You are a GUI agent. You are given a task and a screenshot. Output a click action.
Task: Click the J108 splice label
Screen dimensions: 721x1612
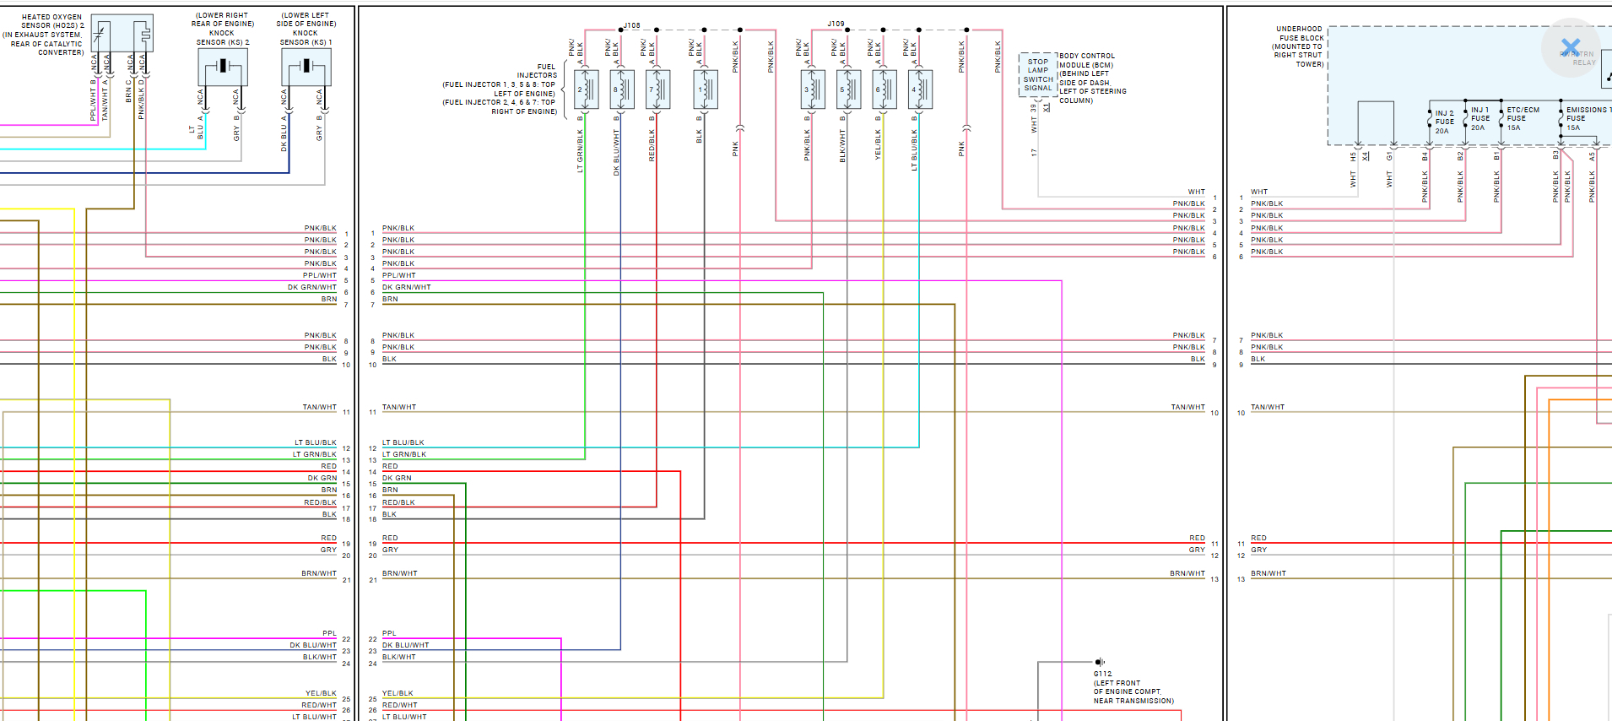(631, 25)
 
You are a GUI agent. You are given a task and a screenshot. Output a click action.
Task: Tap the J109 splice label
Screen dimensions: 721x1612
(836, 24)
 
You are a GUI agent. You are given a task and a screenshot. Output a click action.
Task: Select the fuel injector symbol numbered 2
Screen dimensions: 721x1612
(585, 89)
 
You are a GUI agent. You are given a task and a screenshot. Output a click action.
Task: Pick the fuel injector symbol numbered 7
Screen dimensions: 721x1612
(657, 89)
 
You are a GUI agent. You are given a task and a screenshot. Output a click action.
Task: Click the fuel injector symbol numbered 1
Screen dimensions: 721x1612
(705, 89)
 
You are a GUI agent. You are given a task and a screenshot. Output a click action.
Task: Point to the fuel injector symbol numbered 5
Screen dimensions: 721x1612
(847, 89)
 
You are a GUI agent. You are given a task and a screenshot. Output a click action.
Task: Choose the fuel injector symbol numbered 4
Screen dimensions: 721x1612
(919, 89)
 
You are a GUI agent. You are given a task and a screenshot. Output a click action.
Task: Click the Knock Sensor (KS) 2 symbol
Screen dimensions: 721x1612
(223, 66)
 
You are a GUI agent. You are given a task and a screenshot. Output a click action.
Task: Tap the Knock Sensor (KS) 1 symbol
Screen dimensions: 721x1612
(306, 66)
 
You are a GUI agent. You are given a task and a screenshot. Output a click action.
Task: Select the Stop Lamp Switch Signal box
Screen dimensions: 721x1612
(1038, 75)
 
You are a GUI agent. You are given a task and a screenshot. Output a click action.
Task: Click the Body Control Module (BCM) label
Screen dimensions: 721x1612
(1087, 61)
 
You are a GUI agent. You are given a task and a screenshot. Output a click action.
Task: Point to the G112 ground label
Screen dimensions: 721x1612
(1102, 674)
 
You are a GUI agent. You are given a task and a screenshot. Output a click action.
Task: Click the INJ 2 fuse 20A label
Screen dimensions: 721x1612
(1444, 122)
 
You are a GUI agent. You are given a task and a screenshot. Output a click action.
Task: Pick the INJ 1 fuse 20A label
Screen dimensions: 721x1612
(1479, 118)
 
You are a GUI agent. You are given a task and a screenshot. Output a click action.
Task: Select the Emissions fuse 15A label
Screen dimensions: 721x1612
(1585, 118)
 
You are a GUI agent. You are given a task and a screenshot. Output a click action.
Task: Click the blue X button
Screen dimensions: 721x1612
(1571, 47)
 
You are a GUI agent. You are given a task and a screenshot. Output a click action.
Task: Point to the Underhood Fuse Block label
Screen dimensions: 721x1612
(1300, 46)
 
